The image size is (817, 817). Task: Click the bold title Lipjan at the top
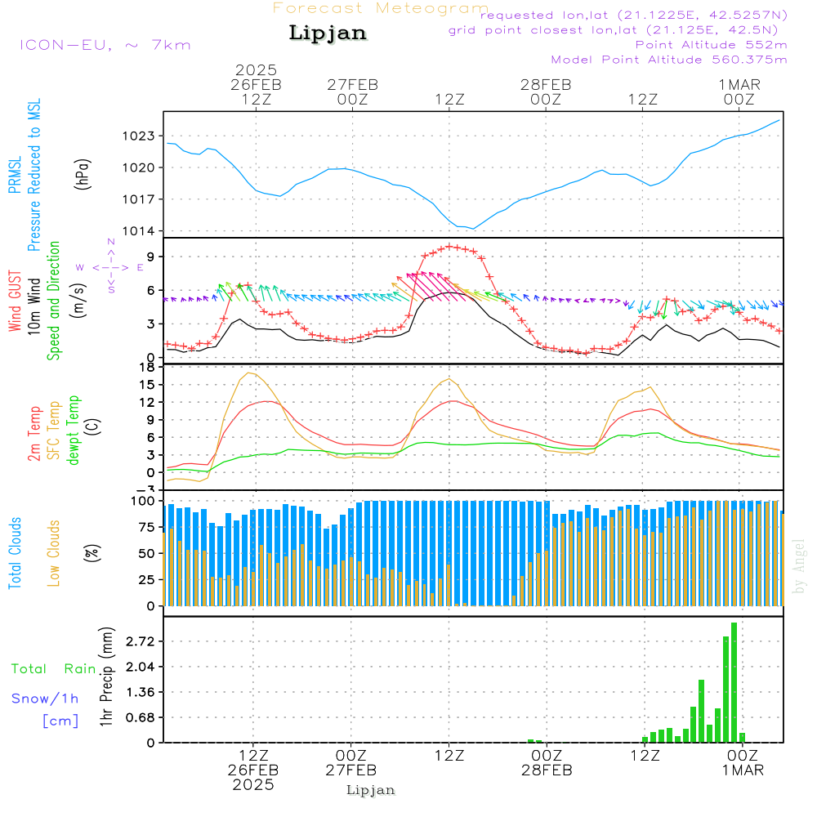click(328, 33)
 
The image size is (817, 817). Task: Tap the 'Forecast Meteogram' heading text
click(381, 8)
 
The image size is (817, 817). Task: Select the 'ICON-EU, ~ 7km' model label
click(105, 45)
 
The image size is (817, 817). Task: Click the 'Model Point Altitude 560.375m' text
click(669, 60)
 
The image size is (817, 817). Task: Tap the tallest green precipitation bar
click(734, 682)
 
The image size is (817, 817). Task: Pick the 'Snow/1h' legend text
click(46, 699)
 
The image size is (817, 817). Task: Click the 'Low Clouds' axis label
click(55, 552)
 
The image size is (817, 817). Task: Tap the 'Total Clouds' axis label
click(16, 552)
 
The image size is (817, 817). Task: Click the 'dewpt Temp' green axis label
click(74, 430)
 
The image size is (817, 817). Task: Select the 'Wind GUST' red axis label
click(16, 301)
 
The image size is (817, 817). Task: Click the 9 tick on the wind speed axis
click(151, 257)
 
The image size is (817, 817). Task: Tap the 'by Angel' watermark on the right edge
click(799, 565)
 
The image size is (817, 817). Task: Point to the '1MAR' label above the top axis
click(739, 84)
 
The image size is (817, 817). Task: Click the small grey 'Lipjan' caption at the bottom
click(371, 790)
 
